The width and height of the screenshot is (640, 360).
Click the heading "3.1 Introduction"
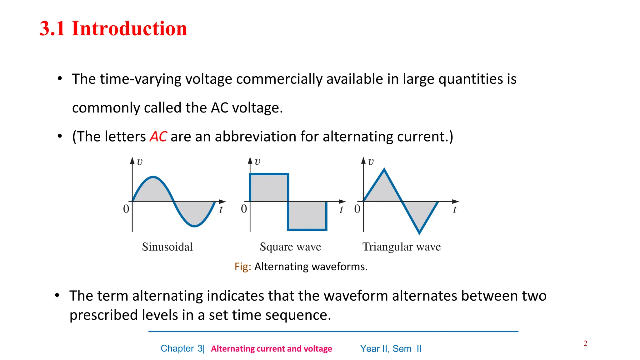click(x=113, y=28)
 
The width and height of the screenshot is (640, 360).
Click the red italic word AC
click(x=158, y=137)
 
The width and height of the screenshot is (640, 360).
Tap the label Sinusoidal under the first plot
click(x=167, y=247)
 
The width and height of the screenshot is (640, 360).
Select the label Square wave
click(x=290, y=247)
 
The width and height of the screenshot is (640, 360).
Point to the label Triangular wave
click(x=402, y=247)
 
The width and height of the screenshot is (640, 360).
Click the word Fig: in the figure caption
click(x=243, y=267)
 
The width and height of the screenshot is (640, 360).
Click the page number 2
click(x=585, y=343)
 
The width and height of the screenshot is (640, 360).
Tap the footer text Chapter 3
click(x=182, y=348)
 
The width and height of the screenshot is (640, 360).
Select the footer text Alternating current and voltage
click(x=271, y=349)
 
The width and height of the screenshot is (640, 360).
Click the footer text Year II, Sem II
click(x=391, y=348)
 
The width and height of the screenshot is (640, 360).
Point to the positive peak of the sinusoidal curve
click(x=153, y=177)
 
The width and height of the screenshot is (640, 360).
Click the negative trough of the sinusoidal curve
click(x=194, y=226)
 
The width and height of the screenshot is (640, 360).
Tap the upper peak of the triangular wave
click(x=384, y=170)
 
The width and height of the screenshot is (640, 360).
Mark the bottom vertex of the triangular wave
click(x=419, y=233)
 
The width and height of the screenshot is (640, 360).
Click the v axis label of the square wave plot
click(x=257, y=162)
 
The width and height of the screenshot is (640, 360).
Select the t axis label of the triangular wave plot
click(x=455, y=210)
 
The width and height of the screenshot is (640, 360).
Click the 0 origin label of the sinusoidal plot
click(x=126, y=209)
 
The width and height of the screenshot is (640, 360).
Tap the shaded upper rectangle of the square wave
click(x=269, y=187)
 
